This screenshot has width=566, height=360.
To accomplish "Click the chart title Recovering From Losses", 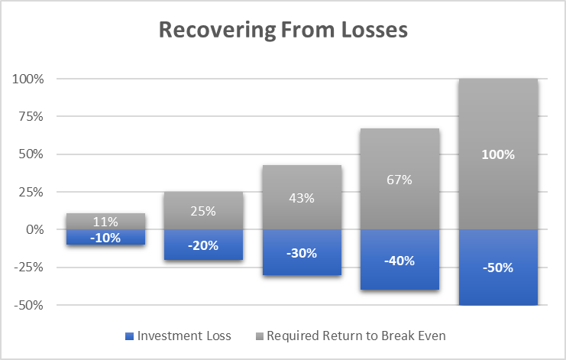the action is pyautogui.click(x=283, y=30).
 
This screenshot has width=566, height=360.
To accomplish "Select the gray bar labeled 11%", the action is pyautogui.click(x=105, y=221).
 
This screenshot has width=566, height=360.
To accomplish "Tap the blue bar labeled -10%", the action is pyautogui.click(x=105, y=237).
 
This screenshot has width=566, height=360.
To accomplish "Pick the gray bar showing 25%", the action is pyautogui.click(x=204, y=210).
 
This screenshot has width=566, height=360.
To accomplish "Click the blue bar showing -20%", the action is pyautogui.click(x=204, y=245).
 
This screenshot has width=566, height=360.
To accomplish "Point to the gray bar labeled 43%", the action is pyautogui.click(x=302, y=197).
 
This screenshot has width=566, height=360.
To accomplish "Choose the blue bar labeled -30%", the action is pyautogui.click(x=302, y=252).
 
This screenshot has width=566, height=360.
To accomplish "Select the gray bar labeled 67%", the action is pyautogui.click(x=400, y=179).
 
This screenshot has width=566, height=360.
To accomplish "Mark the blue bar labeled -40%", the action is pyautogui.click(x=400, y=259).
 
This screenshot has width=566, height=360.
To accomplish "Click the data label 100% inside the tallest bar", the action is pyautogui.click(x=498, y=154).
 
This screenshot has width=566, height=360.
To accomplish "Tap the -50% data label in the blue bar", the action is pyautogui.click(x=498, y=268).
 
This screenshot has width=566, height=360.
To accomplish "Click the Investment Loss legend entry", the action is pyautogui.click(x=178, y=336).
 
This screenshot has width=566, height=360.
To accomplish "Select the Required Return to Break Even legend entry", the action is pyautogui.click(x=351, y=336).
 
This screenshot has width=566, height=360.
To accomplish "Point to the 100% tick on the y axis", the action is pyautogui.click(x=28, y=79).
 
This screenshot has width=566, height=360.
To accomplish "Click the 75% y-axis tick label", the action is pyautogui.click(x=31, y=116).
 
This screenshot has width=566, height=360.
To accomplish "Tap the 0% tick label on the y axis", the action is pyautogui.click(x=35, y=229).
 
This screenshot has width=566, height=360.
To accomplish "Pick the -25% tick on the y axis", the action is pyautogui.click(x=28, y=268).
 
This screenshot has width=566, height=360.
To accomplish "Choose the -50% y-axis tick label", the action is pyautogui.click(x=28, y=306).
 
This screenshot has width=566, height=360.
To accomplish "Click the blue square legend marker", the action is pyautogui.click(x=129, y=336).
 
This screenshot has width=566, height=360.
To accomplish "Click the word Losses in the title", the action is pyautogui.click(x=375, y=30).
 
